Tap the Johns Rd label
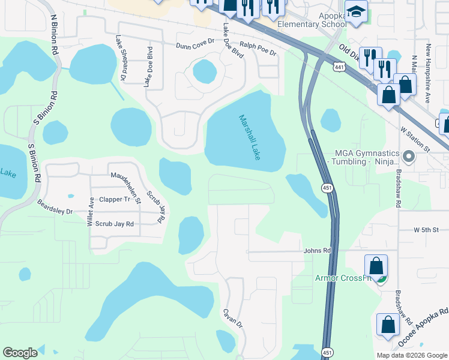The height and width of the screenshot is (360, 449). pyautogui.click(x=318, y=250)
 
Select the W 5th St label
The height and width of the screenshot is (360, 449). pyautogui.click(x=426, y=230)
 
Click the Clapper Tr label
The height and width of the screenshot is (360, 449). pyautogui.click(x=115, y=199)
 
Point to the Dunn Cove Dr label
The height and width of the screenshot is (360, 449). pyautogui.click(x=194, y=46)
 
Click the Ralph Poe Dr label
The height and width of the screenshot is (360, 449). pyautogui.click(x=258, y=49)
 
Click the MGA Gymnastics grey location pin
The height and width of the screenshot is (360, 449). pyautogui.click(x=409, y=158)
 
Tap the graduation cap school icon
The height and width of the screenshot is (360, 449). pyautogui.click(x=356, y=12)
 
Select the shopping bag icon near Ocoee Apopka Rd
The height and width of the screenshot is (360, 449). pyautogui.click(x=388, y=325)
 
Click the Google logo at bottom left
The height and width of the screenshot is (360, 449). pyautogui.click(x=20, y=353)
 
